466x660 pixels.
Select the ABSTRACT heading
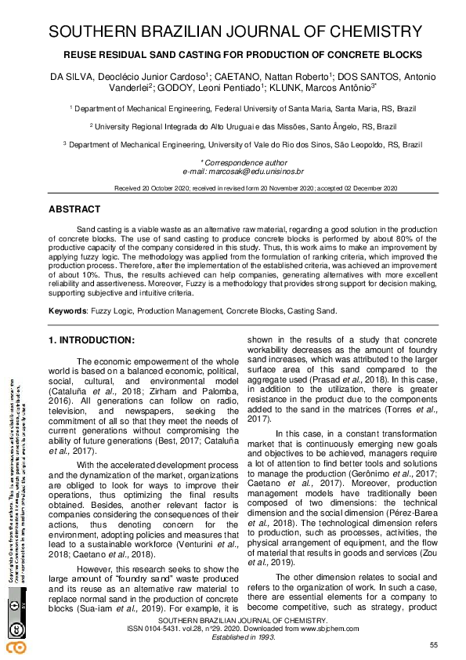pos(74,210)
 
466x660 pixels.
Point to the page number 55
pos(434,644)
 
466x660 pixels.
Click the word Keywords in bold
pos(67,311)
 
